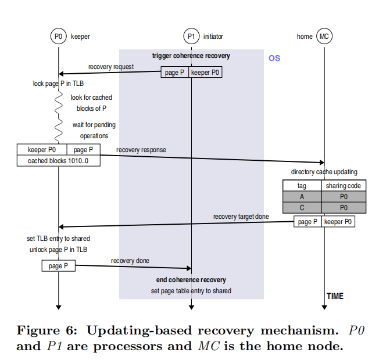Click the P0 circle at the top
click(x=58, y=37)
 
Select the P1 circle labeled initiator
click(x=191, y=37)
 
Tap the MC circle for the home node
click(x=325, y=37)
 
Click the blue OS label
click(x=274, y=58)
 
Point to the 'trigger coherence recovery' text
click(x=191, y=56)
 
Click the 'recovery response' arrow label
click(x=141, y=150)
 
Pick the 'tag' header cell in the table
click(x=302, y=186)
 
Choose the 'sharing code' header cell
click(x=344, y=186)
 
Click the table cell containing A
click(x=302, y=197)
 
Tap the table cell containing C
click(x=302, y=207)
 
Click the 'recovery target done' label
click(x=241, y=217)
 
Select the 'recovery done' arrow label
click(x=130, y=261)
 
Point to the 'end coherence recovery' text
click(x=191, y=280)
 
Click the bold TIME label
click(x=335, y=296)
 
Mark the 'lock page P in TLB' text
click(x=58, y=84)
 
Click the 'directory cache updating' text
click(x=324, y=172)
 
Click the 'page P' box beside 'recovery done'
click(x=58, y=266)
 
